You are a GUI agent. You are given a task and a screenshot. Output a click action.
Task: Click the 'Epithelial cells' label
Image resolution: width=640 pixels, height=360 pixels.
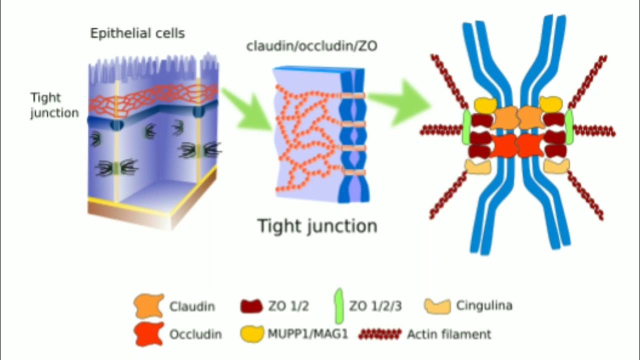[x=137, y=33]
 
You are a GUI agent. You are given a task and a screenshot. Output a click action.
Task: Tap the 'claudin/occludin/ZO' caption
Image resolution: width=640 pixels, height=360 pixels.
[x=311, y=46]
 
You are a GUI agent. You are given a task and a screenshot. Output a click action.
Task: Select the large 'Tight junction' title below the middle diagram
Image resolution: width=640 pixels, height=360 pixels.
[x=317, y=226]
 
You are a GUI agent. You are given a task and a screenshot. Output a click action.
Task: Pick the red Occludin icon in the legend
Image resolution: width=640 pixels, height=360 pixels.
[x=149, y=333]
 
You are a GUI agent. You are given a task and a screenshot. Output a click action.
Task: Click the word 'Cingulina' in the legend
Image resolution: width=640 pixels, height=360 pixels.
[x=484, y=305]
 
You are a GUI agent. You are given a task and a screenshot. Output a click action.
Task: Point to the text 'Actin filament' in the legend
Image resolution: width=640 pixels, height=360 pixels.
[x=449, y=334]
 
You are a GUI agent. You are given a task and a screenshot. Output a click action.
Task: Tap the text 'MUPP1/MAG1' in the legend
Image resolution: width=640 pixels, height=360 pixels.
[x=306, y=334]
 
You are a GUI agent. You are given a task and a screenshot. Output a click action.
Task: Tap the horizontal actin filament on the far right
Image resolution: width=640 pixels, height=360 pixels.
[x=595, y=131]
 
